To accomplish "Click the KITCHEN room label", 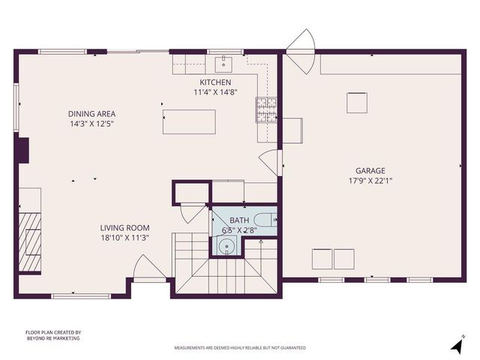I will (214, 82).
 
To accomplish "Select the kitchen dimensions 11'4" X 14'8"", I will (214, 92).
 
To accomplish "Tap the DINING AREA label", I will (93, 114).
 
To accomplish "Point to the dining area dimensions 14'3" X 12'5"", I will (93, 124).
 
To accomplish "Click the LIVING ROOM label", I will (125, 228).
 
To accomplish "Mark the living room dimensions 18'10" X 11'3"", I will (125, 238).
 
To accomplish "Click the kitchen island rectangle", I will (190, 121).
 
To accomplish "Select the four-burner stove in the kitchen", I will (265, 110).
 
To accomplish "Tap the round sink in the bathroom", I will (227, 245).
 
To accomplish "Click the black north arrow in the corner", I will (455, 346).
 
